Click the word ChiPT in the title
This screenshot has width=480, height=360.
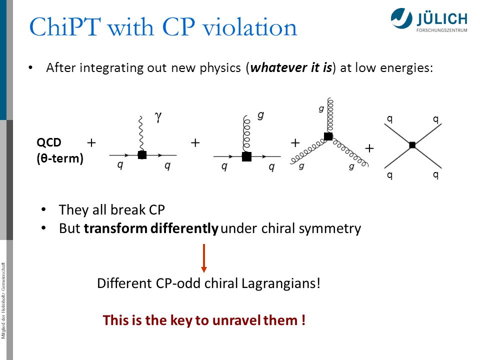(65, 26)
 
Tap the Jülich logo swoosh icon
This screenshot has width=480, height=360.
(401, 18)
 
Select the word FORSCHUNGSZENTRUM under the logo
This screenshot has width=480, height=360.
(441, 30)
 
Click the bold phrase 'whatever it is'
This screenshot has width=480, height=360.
(291, 67)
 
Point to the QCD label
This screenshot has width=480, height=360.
(49, 142)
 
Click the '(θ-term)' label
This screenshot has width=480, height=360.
(60, 158)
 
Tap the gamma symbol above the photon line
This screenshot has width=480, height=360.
(158, 116)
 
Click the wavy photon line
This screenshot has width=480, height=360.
(141, 133)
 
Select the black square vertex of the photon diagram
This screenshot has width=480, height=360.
(142, 155)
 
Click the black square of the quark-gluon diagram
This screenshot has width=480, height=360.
(246, 156)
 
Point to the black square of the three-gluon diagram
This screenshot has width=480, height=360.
(328, 136)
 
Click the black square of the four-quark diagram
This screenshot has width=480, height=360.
(412, 145)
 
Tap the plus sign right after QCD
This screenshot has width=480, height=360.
(91, 142)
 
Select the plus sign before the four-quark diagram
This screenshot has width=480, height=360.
(369, 148)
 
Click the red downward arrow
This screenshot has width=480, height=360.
(204, 258)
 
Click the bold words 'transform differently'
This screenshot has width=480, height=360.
(151, 228)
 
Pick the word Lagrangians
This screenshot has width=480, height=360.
(280, 283)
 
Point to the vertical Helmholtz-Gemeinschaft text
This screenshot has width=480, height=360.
(3, 300)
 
